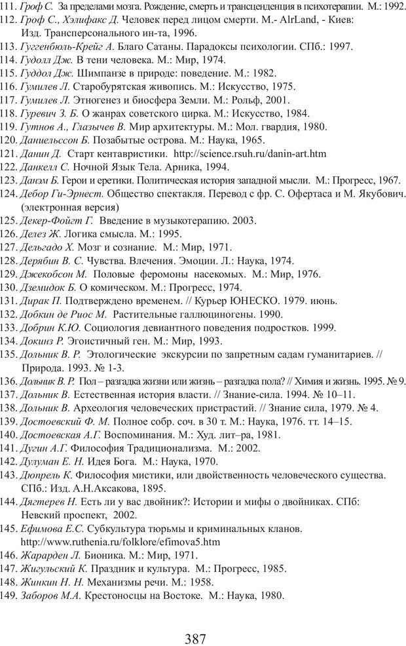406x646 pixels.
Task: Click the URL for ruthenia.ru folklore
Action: click(x=120, y=542)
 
